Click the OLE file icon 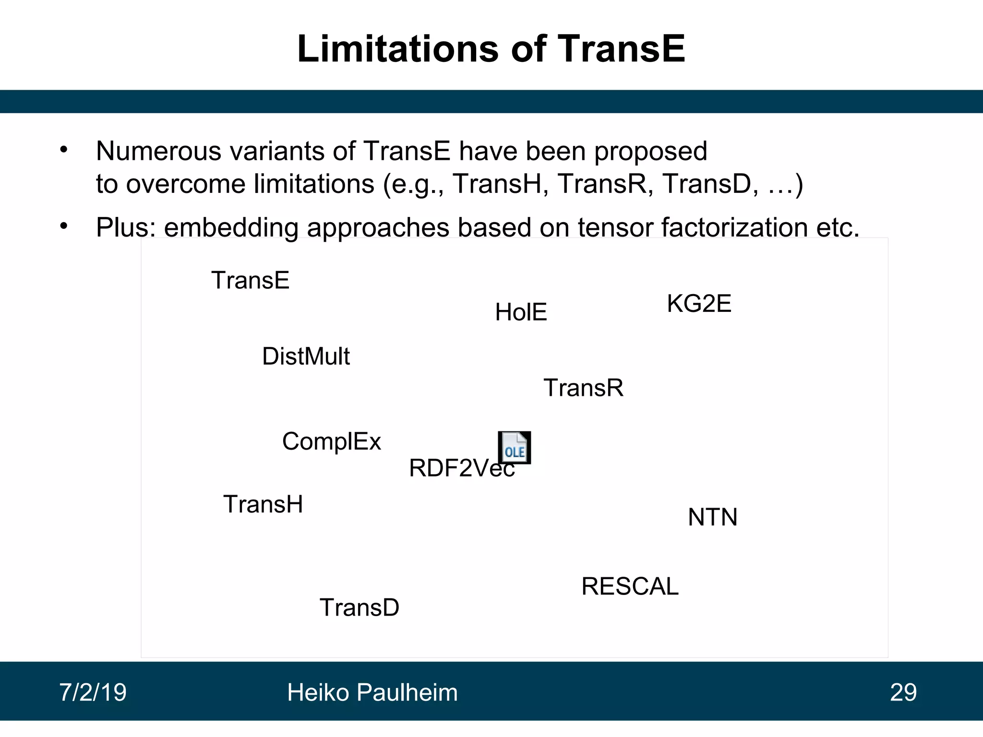(514, 447)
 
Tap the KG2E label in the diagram (699, 304)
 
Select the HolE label (521, 312)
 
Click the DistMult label (306, 357)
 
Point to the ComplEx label (331, 441)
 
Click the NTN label (712, 517)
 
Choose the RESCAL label (630, 586)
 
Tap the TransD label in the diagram (360, 607)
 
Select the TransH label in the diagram (263, 505)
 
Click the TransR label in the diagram (583, 388)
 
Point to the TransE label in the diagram (250, 280)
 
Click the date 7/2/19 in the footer (93, 692)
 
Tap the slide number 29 (903, 692)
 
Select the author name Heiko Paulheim (372, 692)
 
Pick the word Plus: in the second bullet (126, 227)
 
